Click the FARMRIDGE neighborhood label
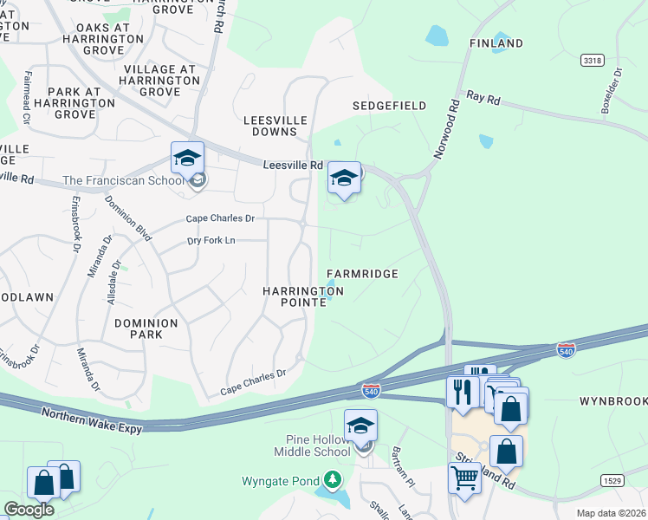362,274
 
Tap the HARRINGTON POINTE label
303,296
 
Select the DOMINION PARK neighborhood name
146,329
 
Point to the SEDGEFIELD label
389,106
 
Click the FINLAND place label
496,43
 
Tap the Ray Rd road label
483,99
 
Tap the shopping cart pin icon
465,476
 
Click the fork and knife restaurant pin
463,390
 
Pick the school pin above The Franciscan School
187,158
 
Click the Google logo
29,510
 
